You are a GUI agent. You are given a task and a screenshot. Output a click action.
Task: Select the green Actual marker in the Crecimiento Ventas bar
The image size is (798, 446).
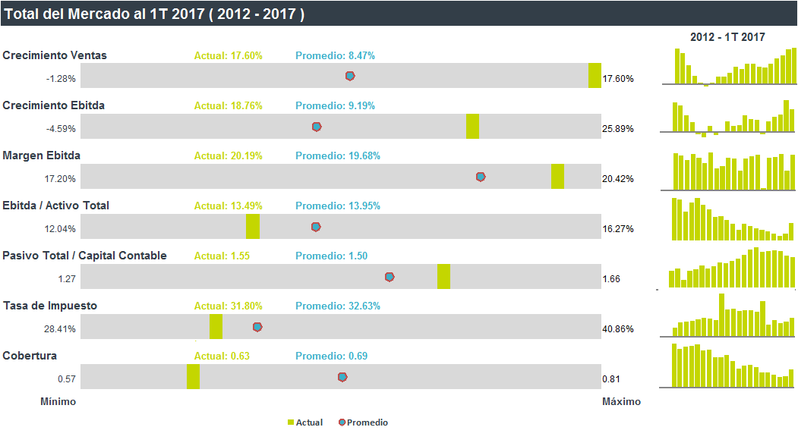(x=595, y=75)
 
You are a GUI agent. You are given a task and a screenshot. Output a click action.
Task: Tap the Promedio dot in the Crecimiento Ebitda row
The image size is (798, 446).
(x=317, y=127)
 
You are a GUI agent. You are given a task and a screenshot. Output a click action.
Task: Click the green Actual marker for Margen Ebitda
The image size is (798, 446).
(x=557, y=177)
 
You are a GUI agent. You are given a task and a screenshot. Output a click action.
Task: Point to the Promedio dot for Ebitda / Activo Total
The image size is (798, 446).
(x=316, y=227)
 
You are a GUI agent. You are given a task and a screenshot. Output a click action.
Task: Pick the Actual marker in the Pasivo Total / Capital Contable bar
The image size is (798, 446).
(x=443, y=277)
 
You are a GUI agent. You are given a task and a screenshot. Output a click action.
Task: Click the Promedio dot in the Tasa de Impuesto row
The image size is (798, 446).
(x=257, y=327)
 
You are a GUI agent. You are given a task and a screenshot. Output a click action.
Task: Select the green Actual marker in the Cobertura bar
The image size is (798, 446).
(x=193, y=377)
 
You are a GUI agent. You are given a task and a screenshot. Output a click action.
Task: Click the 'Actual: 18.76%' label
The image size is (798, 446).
(x=229, y=105)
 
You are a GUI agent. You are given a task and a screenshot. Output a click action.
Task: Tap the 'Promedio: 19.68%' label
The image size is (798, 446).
(x=338, y=155)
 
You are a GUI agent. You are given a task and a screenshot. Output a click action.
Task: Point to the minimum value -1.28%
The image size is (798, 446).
(x=61, y=79)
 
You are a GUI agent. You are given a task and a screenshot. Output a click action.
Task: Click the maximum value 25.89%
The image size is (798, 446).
(x=618, y=129)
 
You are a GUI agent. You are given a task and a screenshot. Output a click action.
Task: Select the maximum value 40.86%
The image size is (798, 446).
(x=618, y=329)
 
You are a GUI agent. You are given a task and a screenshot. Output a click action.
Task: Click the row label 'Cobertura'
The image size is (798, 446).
(x=30, y=356)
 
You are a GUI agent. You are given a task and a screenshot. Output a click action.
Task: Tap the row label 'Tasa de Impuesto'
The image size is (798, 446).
(x=50, y=306)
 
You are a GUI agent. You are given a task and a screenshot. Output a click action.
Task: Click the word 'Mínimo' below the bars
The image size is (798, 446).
(x=58, y=402)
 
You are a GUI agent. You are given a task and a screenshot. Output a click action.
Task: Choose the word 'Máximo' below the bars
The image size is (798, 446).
(x=621, y=402)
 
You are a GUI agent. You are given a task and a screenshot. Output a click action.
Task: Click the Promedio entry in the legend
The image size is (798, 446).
(x=364, y=422)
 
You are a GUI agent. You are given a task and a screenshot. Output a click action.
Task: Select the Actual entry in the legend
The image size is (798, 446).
(x=305, y=422)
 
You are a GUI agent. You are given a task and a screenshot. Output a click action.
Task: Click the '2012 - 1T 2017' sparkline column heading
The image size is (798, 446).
(x=728, y=37)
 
